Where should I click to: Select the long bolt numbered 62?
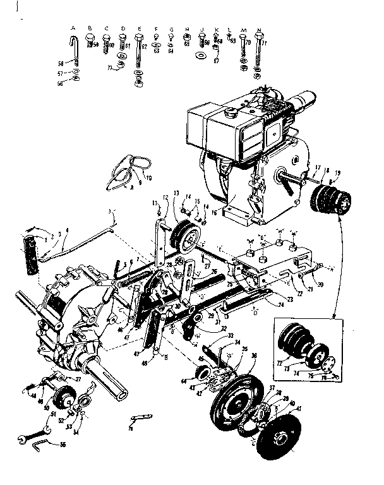pos(138,57)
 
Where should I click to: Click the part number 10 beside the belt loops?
pos(150,178)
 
